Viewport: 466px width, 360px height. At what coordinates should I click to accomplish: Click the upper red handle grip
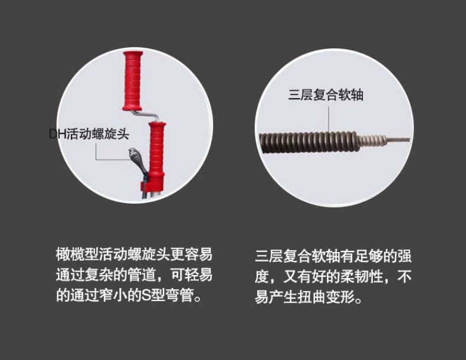click(x=133, y=81)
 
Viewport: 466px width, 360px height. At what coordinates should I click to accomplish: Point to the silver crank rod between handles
click(x=145, y=115)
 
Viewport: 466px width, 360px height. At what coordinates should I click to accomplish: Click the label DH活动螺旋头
click(x=89, y=134)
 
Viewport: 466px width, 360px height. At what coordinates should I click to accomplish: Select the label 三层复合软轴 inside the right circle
click(x=326, y=95)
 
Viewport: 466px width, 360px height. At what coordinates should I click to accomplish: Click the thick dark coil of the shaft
click(x=309, y=142)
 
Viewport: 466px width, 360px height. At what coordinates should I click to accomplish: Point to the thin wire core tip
click(x=398, y=140)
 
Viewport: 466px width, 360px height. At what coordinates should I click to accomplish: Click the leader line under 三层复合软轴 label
click(x=329, y=118)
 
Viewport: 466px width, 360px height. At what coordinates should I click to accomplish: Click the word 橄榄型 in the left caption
click(x=77, y=254)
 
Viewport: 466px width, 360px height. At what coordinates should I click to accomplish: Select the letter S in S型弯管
click(x=146, y=296)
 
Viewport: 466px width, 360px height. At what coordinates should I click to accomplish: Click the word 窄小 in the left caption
click(x=113, y=296)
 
